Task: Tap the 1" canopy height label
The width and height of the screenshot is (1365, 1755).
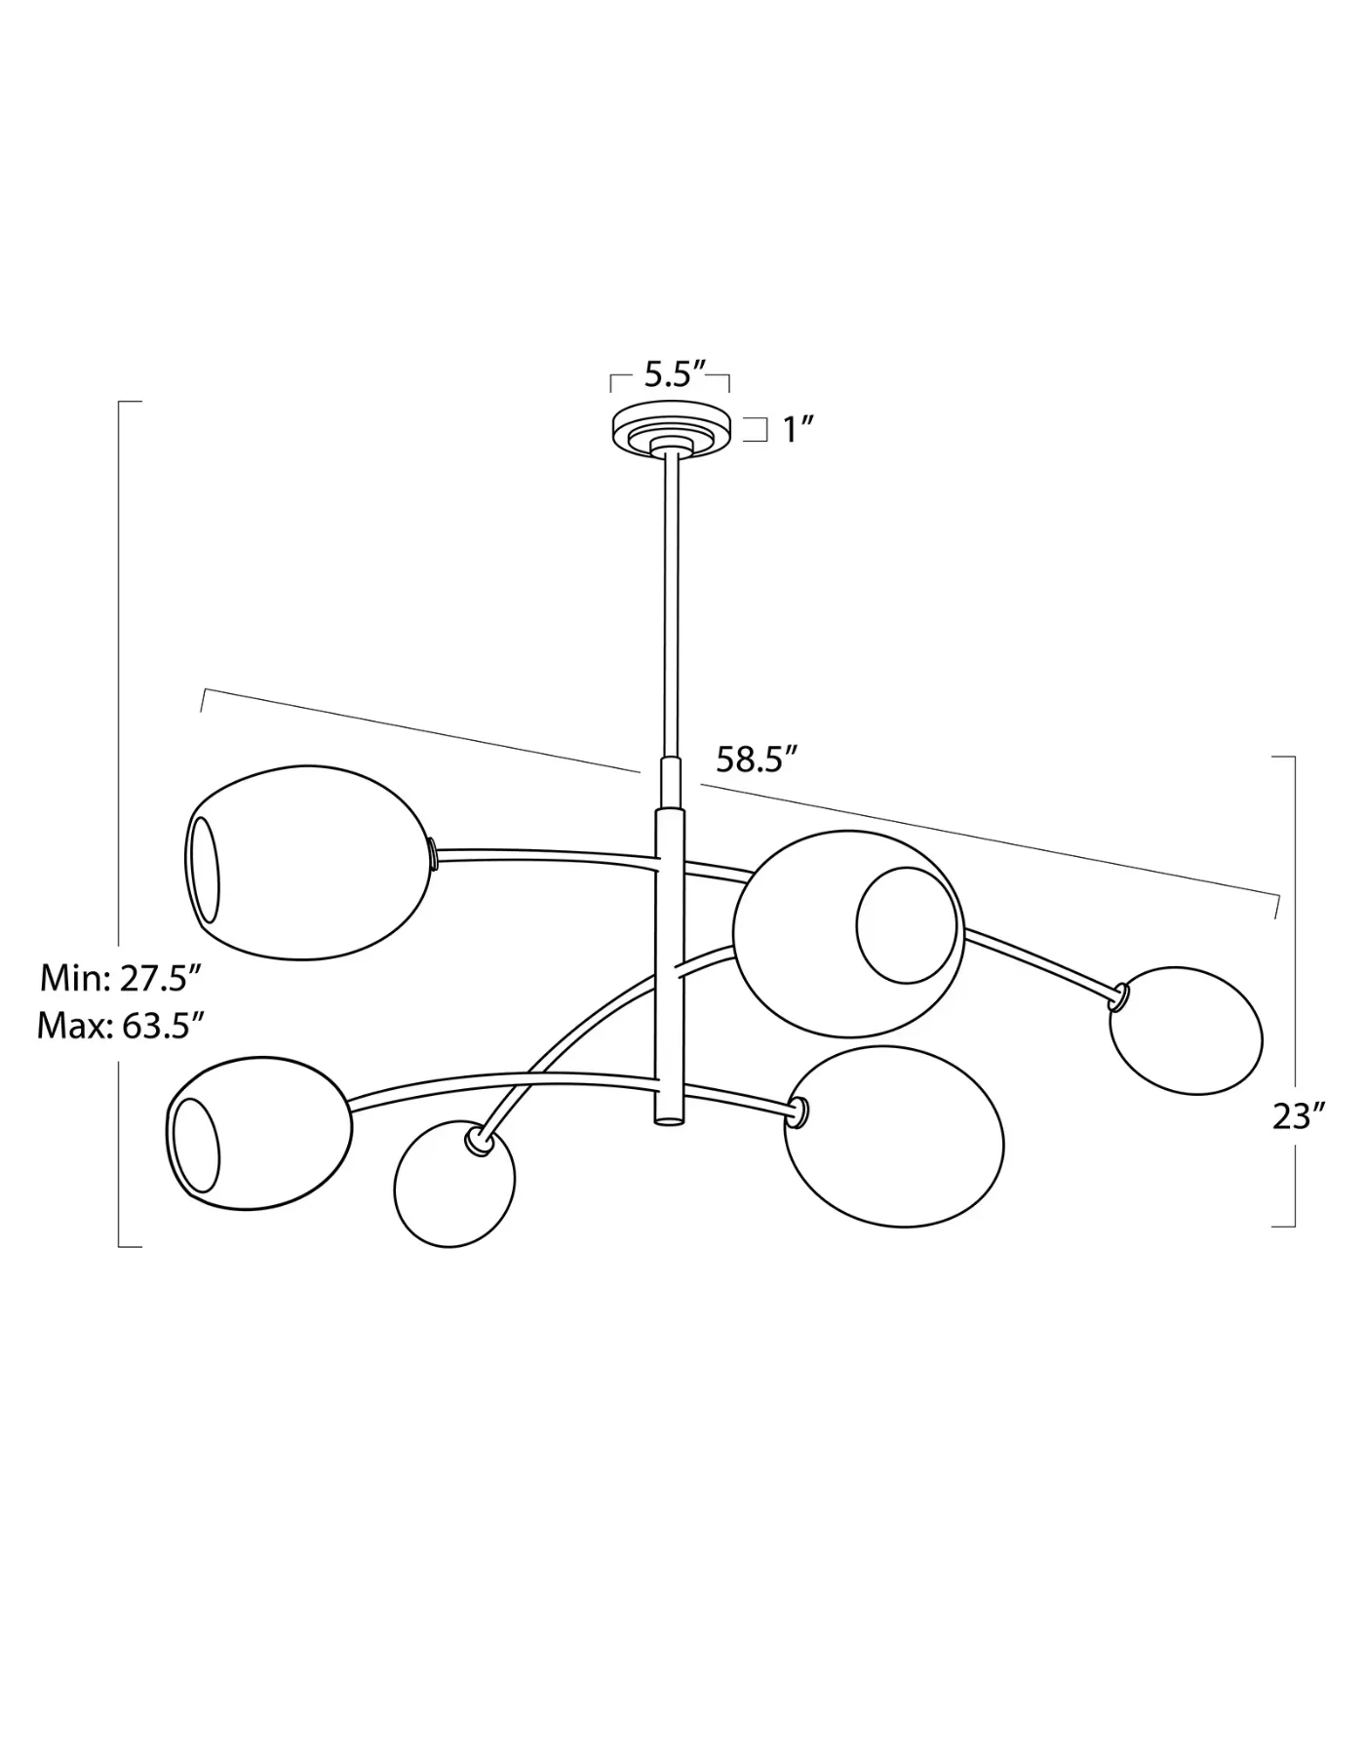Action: [799, 429]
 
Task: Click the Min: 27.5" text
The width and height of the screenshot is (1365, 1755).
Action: [120, 977]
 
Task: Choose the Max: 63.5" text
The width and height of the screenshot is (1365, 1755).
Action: [120, 1026]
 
